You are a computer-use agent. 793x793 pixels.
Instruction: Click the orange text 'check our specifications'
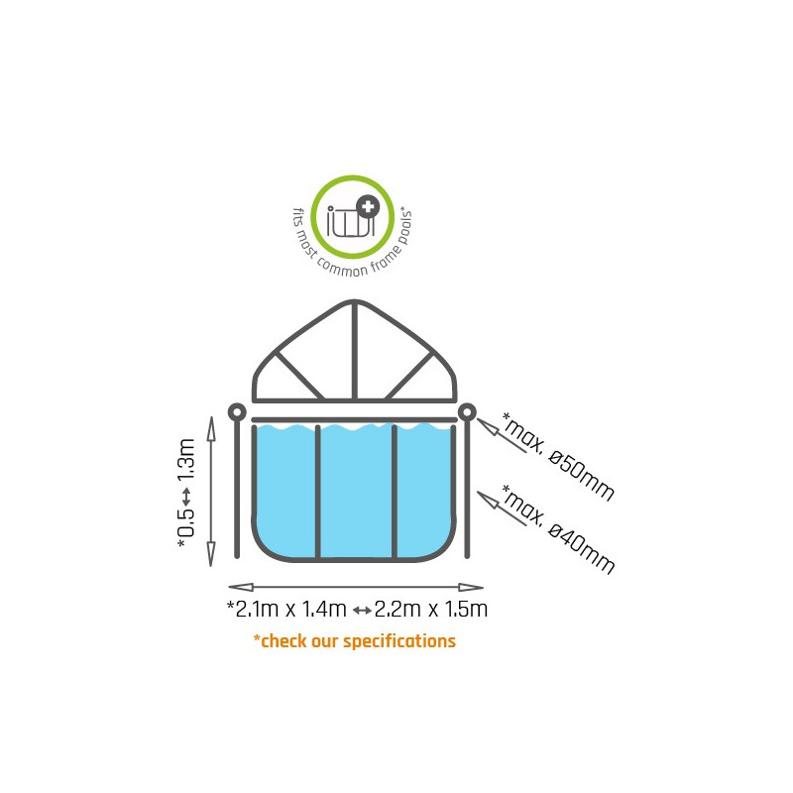358,641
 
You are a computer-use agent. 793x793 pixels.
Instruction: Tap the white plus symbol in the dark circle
368,206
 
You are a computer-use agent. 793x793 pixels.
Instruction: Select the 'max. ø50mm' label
558,456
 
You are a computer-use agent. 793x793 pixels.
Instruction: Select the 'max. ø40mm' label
558,529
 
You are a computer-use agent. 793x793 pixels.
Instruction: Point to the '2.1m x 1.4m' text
286,609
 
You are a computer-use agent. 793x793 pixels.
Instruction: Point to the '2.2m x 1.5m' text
431,609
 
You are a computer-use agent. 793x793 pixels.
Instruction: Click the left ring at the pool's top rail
237,412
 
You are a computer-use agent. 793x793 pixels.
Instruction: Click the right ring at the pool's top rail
467,412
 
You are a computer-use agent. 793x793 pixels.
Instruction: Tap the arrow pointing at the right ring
503,435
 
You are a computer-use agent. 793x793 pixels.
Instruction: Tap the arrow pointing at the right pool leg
503,509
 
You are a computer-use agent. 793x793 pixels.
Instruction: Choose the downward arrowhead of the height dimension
211,554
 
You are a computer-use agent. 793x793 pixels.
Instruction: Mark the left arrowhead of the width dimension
241,587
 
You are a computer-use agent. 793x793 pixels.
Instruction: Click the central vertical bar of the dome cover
355,350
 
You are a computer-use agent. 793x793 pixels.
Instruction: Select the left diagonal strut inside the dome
299,376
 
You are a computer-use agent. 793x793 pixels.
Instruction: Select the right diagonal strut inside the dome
409,376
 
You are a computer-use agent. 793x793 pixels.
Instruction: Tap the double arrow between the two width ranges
362,611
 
